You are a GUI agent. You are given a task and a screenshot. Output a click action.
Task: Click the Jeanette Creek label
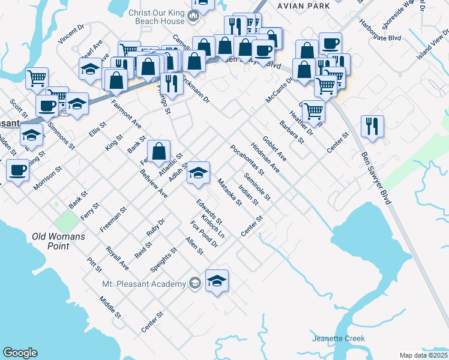click(339, 339)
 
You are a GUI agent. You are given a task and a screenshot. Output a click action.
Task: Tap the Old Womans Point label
click(58, 241)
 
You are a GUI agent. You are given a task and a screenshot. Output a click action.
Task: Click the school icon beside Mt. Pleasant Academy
click(217, 281)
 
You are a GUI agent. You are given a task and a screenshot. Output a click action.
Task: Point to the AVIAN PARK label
click(304, 5)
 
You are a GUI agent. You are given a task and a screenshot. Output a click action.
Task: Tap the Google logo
click(20, 353)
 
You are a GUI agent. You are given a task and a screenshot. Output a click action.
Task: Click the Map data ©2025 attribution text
click(423, 355)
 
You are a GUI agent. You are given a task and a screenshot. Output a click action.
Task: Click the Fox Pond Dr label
click(203, 234)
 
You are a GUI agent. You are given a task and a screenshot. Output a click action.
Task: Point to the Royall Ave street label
click(117, 257)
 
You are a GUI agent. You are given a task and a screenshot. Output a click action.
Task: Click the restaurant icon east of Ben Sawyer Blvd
click(372, 127)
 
